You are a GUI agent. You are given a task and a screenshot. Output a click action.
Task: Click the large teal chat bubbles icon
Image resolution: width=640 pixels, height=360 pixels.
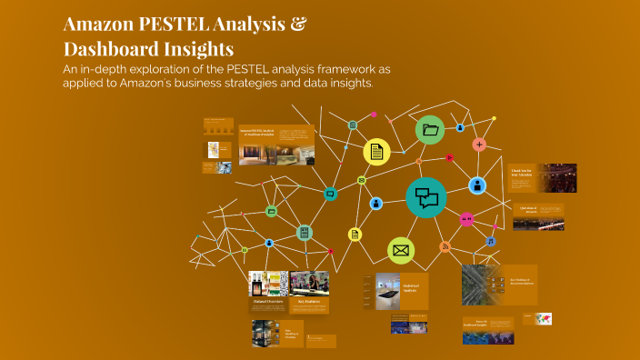[426, 197]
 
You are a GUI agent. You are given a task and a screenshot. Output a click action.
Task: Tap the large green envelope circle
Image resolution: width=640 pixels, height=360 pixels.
[401, 250]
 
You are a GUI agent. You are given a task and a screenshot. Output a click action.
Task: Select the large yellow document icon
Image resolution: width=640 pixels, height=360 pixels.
[376, 152]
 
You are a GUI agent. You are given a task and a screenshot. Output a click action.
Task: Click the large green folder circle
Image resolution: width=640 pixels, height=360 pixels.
[430, 130]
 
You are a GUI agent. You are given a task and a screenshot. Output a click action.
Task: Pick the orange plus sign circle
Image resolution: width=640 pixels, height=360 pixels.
[479, 145]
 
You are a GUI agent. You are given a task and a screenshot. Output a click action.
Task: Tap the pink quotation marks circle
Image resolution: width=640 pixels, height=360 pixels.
[466, 219]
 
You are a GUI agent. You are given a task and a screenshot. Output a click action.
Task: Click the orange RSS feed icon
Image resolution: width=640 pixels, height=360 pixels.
[445, 247]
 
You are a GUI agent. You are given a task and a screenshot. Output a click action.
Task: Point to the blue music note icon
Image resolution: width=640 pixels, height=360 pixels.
[490, 241]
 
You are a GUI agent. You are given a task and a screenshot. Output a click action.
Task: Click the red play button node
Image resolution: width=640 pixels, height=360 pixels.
[449, 157]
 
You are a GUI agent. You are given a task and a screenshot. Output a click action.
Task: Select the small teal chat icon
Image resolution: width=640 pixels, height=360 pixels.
[330, 193]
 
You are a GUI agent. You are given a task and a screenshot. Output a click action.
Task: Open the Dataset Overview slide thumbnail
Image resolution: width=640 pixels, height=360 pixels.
[268, 292]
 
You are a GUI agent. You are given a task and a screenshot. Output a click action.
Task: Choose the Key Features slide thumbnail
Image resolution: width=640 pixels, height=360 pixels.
[309, 292]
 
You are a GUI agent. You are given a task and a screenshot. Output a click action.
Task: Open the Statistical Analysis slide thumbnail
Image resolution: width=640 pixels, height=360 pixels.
[395, 291]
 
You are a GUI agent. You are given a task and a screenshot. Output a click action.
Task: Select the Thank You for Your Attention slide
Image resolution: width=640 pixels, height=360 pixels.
[543, 178]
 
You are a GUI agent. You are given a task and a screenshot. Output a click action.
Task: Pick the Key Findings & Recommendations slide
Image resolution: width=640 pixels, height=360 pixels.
[498, 284]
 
